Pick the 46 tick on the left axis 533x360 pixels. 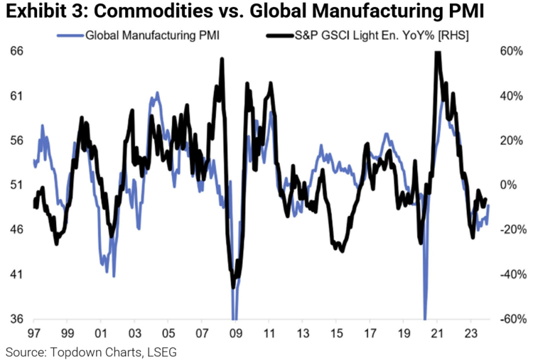coord(15,229)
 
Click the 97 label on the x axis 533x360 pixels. coord(33,333)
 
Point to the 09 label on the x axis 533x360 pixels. coord(236,333)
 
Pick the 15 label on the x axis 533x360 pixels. coord(337,333)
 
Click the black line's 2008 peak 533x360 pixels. coord(222,60)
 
